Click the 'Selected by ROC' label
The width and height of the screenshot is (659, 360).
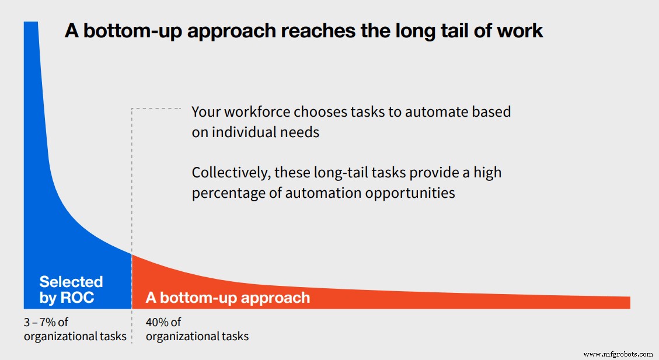[x=71, y=290]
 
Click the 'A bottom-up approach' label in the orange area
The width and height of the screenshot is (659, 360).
[x=228, y=298]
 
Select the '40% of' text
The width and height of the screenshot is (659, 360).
[x=163, y=322]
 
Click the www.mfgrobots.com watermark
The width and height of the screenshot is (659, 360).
[x=618, y=354]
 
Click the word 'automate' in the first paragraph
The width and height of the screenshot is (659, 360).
[x=428, y=111]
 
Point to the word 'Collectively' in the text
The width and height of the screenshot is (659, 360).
[x=230, y=173]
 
